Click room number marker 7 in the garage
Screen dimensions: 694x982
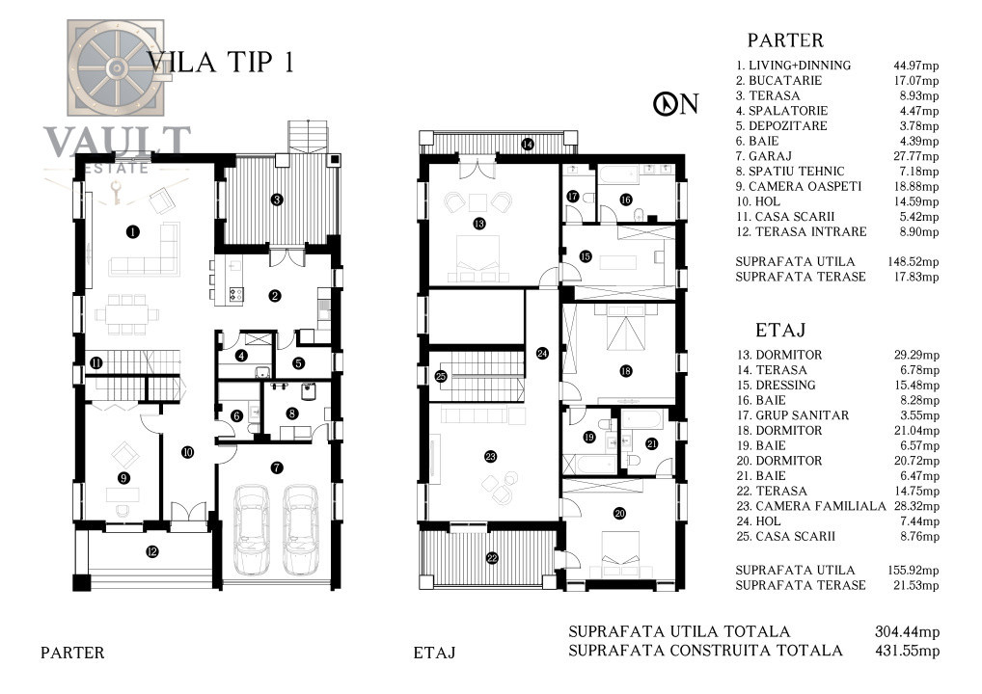(x=277, y=467)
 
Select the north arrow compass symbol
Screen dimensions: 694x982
(x=664, y=104)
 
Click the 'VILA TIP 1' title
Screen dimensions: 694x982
(x=220, y=62)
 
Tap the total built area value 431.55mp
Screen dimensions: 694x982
(x=906, y=651)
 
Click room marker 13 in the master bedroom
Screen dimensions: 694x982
(x=478, y=224)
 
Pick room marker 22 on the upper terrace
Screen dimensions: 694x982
(x=492, y=558)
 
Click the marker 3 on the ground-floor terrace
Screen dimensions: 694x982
(x=277, y=200)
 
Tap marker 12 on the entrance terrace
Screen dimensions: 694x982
(x=151, y=552)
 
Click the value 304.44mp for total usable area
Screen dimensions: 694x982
(x=906, y=631)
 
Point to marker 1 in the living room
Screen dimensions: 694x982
(x=133, y=230)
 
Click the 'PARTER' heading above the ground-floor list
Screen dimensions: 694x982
(x=785, y=40)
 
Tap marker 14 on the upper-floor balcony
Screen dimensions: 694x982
(x=527, y=145)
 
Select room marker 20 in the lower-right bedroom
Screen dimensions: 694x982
(x=619, y=513)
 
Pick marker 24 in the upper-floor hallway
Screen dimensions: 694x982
(x=542, y=354)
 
